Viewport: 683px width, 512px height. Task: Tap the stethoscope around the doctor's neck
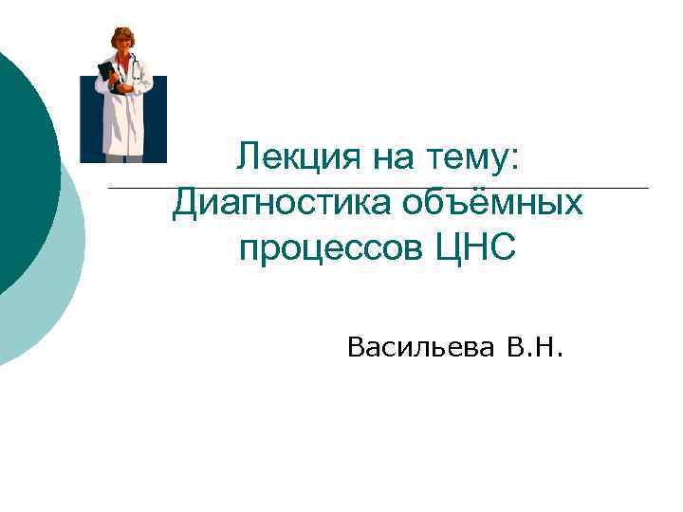pos(134,66)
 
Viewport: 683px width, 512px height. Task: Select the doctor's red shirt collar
pos(124,59)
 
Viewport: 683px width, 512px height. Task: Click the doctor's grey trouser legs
pos(122,159)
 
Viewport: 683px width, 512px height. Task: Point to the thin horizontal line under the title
pos(379,188)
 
